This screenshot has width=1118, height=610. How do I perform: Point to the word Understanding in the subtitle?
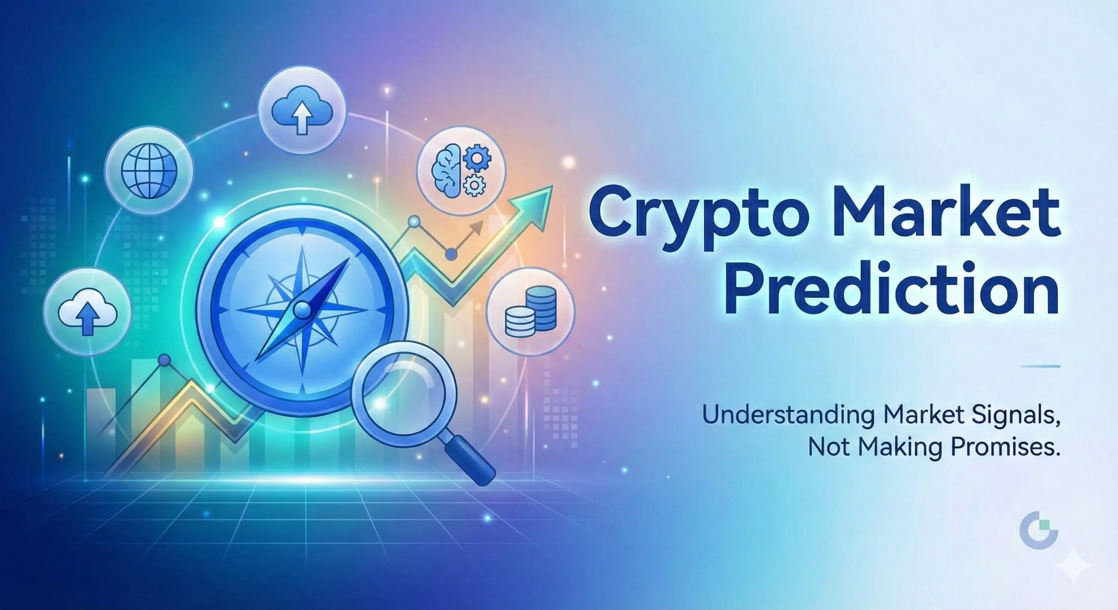point(787,419)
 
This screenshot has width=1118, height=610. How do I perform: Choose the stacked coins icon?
point(530,311)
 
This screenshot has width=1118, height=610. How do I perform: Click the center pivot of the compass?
point(302,309)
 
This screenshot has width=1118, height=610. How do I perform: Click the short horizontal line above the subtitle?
point(1040,367)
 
